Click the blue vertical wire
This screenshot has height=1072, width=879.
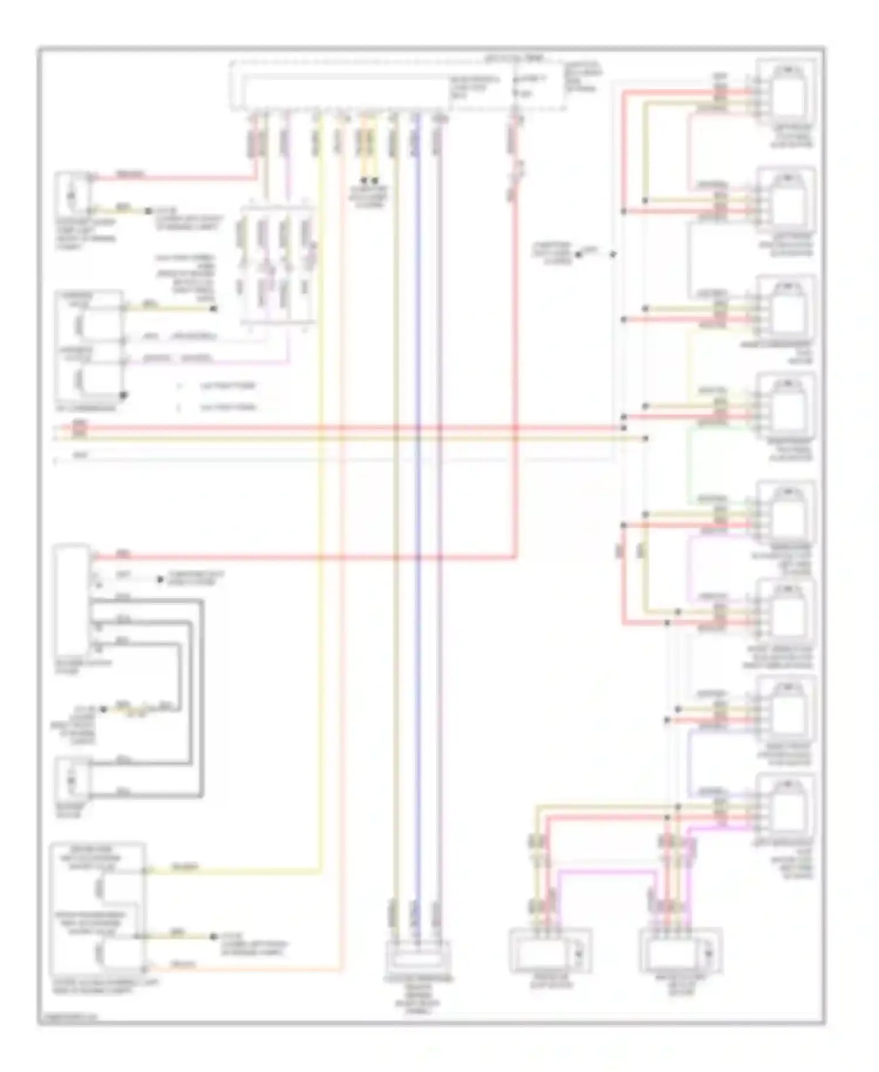click(417, 528)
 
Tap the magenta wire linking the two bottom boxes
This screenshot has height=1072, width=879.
click(604, 872)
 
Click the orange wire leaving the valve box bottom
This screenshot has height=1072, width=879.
click(246, 969)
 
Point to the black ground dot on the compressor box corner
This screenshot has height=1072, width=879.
click(123, 395)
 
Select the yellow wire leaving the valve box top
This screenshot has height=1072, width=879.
click(234, 871)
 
